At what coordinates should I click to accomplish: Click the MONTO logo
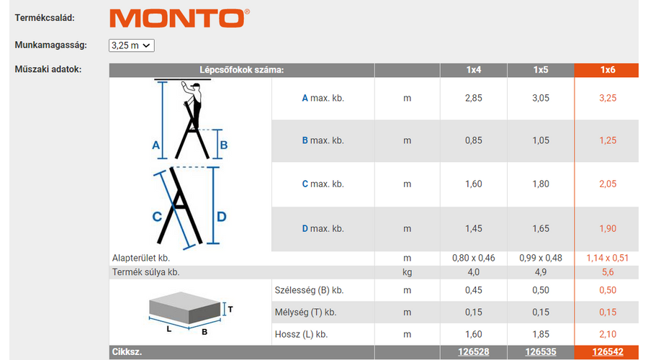(x=179, y=18)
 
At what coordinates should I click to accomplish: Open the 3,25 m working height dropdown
(x=132, y=45)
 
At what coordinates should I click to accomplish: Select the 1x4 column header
(x=474, y=70)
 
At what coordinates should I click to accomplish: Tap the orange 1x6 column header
(x=608, y=70)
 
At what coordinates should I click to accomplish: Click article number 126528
(x=474, y=352)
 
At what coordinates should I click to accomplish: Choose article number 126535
(x=541, y=352)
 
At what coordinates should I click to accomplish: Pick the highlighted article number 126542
(x=608, y=352)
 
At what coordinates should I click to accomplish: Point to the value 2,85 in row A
(x=474, y=98)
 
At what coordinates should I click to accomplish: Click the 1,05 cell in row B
(x=541, y=140)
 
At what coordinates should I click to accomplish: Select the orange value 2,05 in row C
(x=608, y=184)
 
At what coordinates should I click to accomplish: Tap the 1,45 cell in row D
(x=474, y=228)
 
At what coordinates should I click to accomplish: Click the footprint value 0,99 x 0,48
(x=541, y=258)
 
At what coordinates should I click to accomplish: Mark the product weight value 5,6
(x=608, y=272)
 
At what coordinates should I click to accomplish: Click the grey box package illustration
(x=185, y=307)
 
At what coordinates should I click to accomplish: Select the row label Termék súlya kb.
(x=146, y=272)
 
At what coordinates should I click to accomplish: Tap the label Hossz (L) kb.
(x=301, y=334)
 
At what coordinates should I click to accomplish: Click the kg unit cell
(x=407, y=272)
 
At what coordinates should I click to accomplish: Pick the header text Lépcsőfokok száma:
(x=242, y=70)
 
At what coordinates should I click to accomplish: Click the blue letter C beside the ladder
(x=157, y=217)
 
